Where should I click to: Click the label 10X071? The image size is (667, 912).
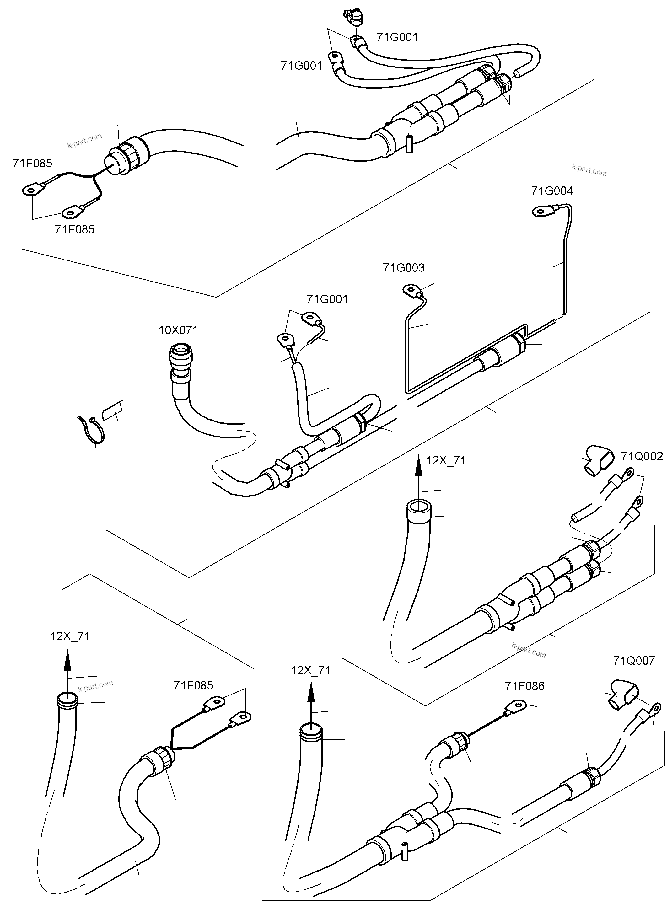[x=178, y=330]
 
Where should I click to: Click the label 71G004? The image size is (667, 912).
[x=552, y=190]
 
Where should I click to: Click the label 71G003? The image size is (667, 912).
[x=404, y=268]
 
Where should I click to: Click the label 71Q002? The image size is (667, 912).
[x=642, y=456]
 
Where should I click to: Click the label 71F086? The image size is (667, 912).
[x=524, y=686]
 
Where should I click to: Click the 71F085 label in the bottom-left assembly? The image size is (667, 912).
[x=193, y=685]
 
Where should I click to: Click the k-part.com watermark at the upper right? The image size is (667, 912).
[x=589, y=170]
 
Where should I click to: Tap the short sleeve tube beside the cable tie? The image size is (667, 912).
[x=113, y=412]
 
